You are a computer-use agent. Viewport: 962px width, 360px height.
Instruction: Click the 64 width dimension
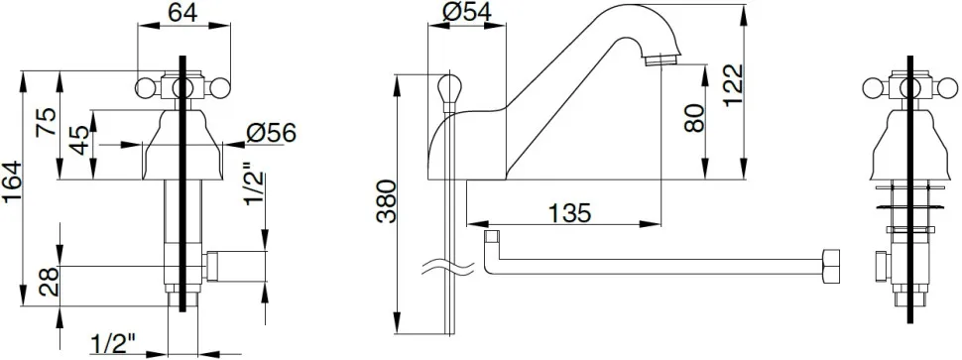(183, 12)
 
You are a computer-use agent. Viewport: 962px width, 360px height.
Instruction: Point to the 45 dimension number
(79, 141)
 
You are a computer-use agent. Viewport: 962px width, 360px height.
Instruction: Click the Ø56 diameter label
(271, 133)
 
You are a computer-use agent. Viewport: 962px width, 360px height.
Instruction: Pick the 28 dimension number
(49, 282)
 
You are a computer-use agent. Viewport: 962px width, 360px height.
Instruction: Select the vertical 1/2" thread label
(256, 184)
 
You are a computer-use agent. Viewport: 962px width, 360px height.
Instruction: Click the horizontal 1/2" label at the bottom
(113, 344)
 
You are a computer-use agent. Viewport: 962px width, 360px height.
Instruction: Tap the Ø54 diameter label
(466, 12)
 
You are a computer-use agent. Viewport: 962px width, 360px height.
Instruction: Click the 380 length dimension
(386, 201)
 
